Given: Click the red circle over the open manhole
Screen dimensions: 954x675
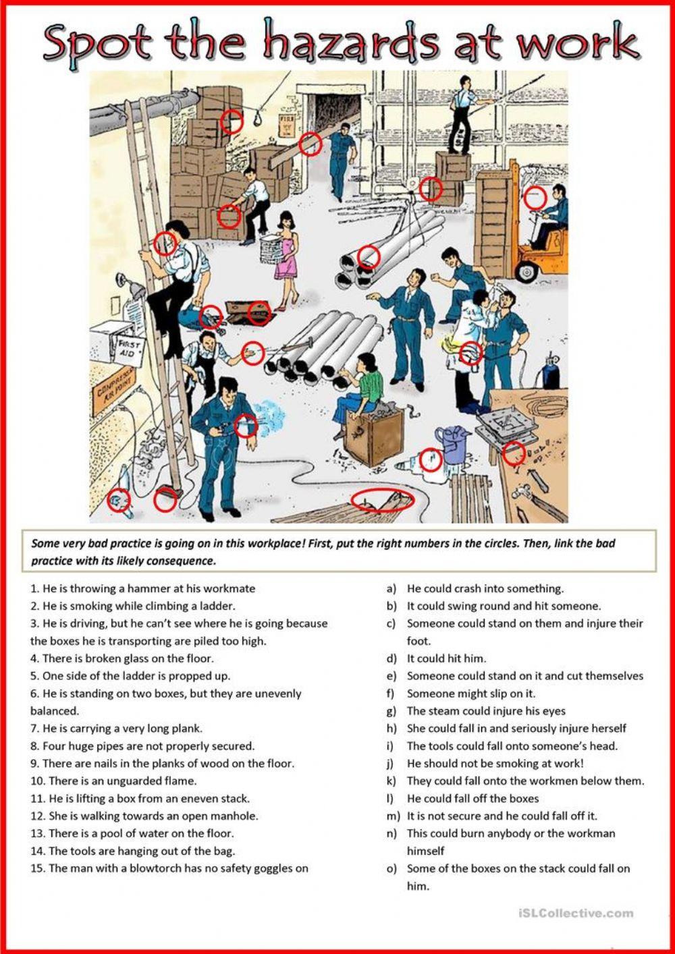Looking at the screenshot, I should (x=259, y=312).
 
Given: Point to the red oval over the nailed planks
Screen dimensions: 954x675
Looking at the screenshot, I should (x=382, y=501).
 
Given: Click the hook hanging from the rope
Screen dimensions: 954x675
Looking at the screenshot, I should (x=257, y=119).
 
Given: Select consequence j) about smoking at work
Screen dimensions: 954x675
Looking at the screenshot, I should (x=495, y=764).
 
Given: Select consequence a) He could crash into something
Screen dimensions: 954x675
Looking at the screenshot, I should (x=485, y=588).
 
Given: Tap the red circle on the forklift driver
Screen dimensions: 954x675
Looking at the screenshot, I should (x=535, y=198).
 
